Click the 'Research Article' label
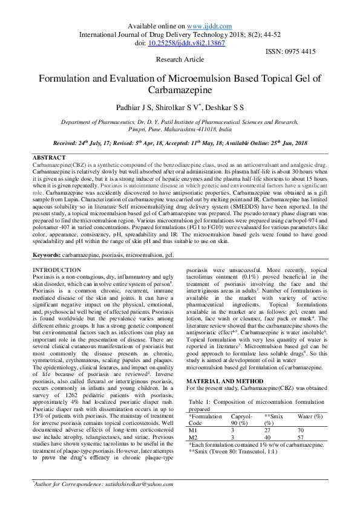tap(180, 60)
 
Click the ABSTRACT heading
tap(49, 158)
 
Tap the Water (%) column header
tap(310, 417)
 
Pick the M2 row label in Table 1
tap(194, 437)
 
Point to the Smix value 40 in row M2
tap(268, 437)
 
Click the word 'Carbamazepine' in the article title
tap(180, 90)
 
